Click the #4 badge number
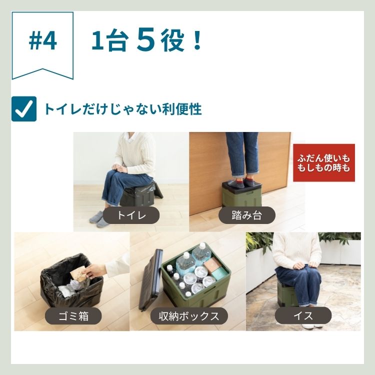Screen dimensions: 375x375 tap(43, 41)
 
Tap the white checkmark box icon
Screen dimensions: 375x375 tap(24, 109)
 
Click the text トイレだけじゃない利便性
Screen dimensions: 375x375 tap(122, 109)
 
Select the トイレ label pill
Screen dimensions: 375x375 tap(131, 215)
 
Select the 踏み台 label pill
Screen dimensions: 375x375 tap(247, 215)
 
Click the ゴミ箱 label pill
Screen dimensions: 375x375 tap(73, 315)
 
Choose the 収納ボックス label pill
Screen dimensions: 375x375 tap(189, 315)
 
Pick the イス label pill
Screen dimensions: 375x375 tap(303, 315)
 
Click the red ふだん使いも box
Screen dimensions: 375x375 tap(323, 162)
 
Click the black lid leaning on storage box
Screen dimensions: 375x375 tap(149, 280)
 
